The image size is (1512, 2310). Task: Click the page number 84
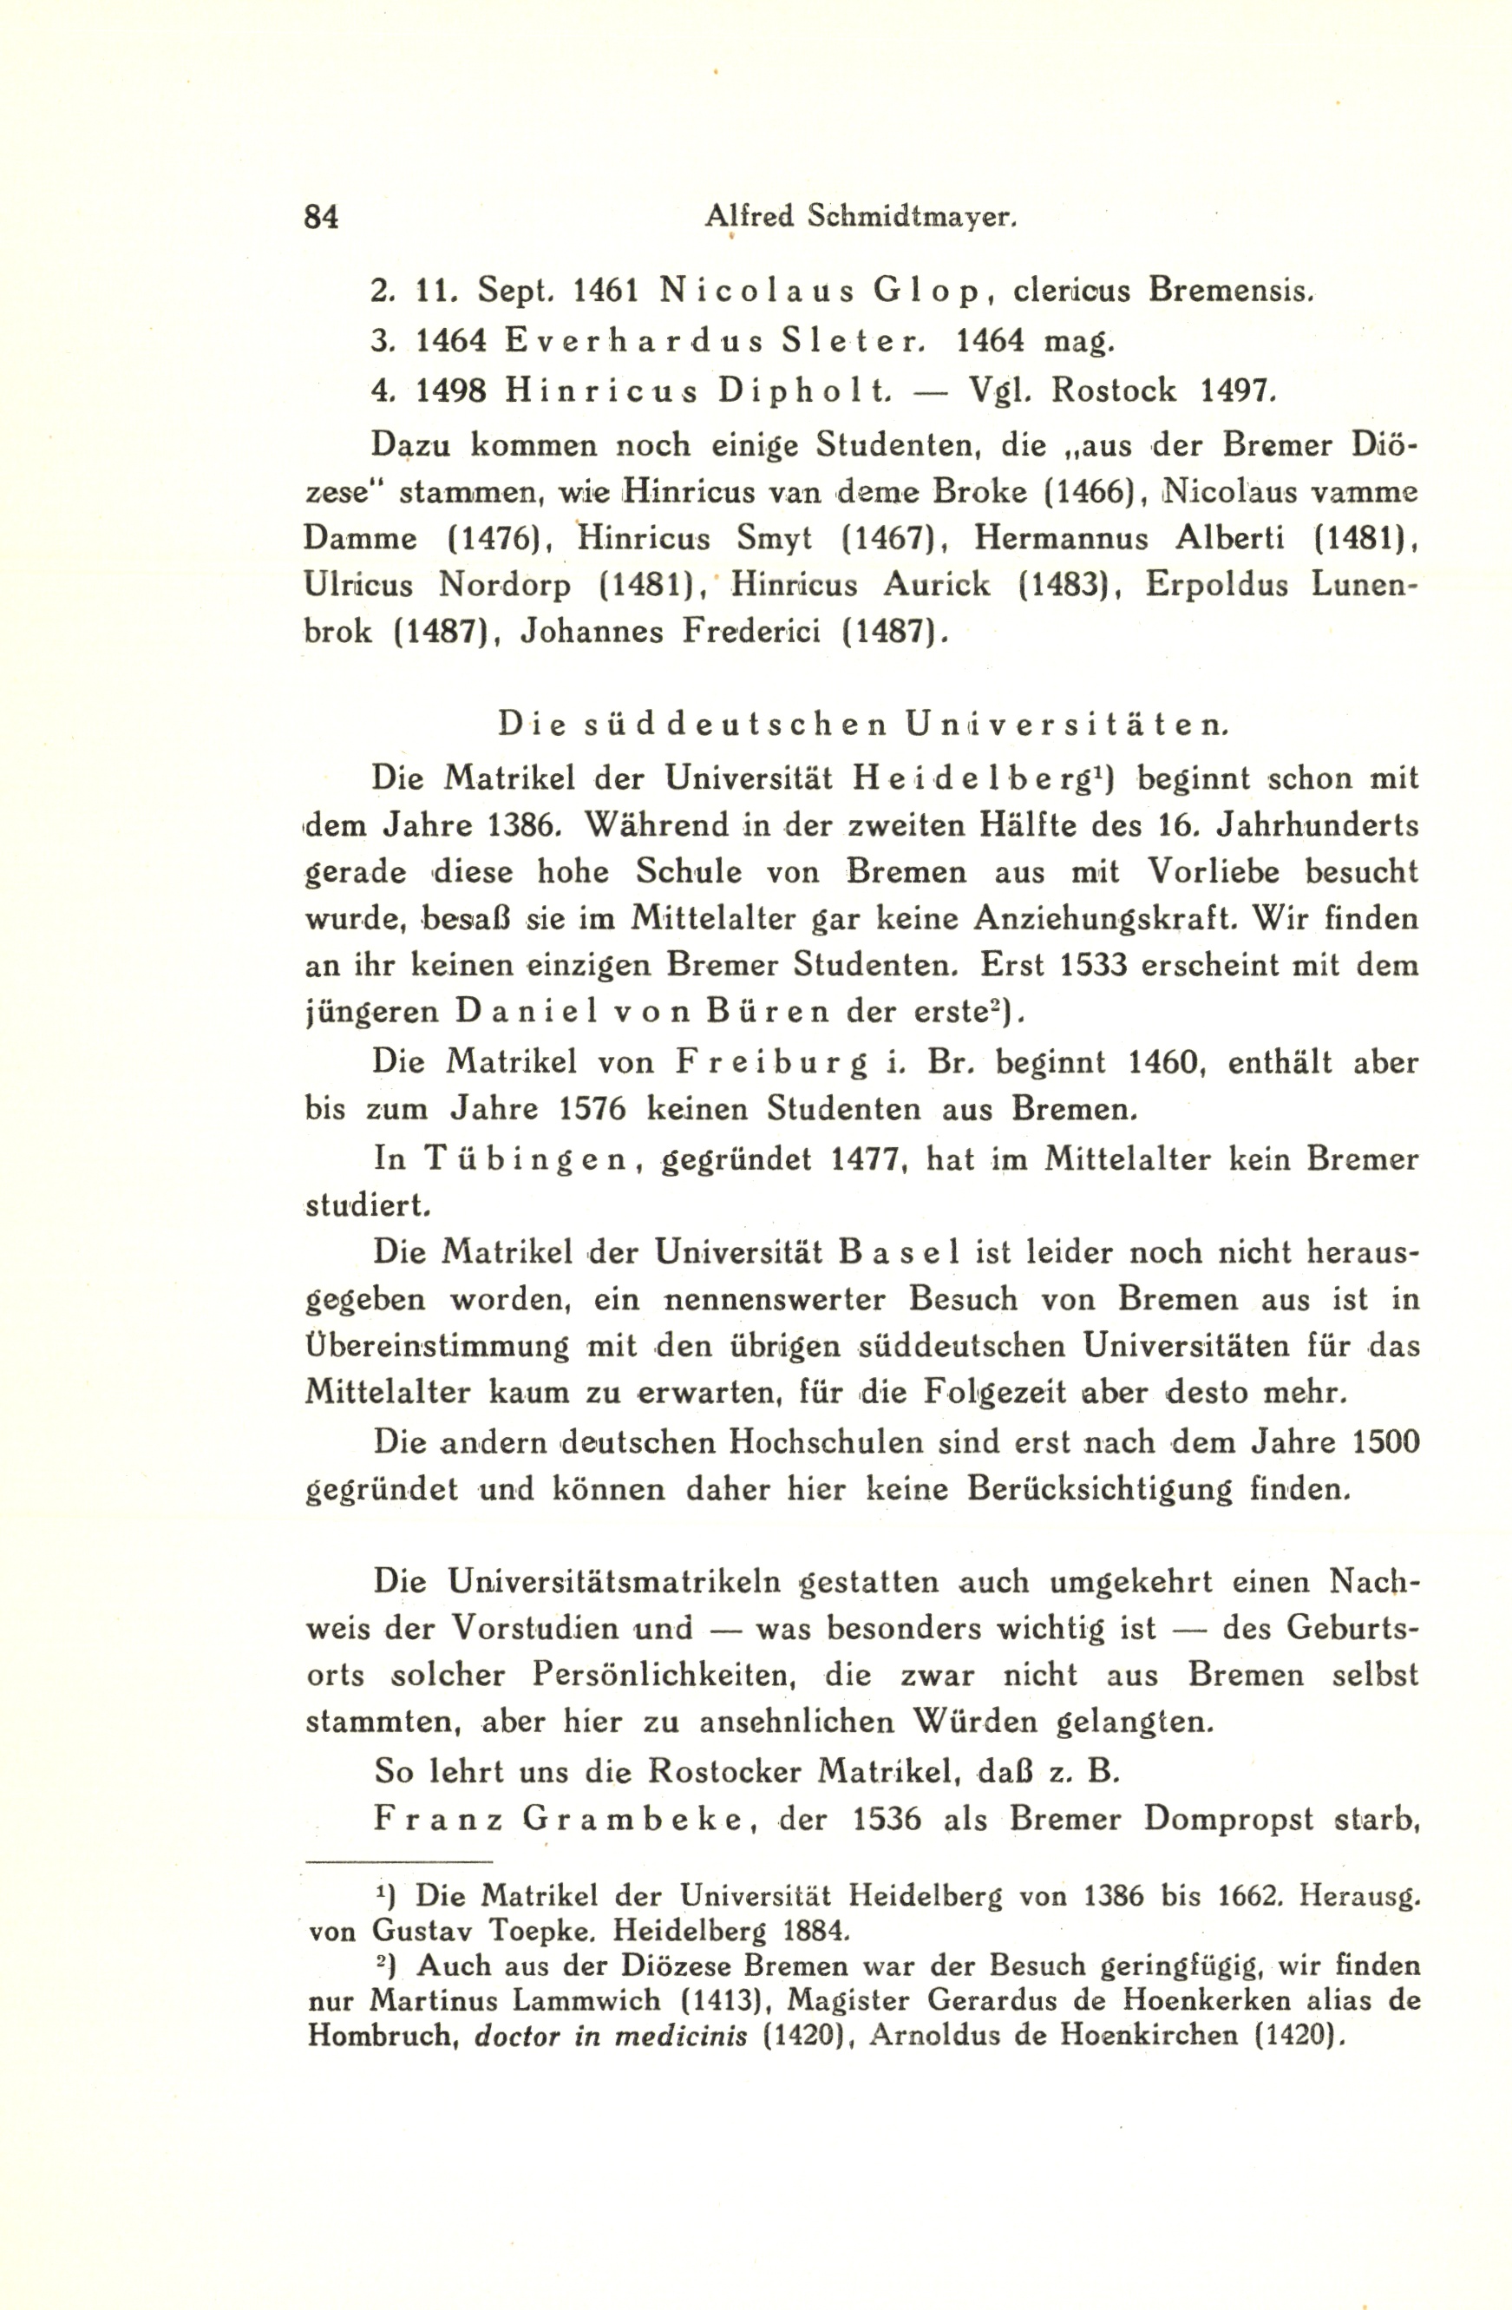pos(321,215)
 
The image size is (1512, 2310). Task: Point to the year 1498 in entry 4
pos(451,390)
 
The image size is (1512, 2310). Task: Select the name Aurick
pos(937,584)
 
